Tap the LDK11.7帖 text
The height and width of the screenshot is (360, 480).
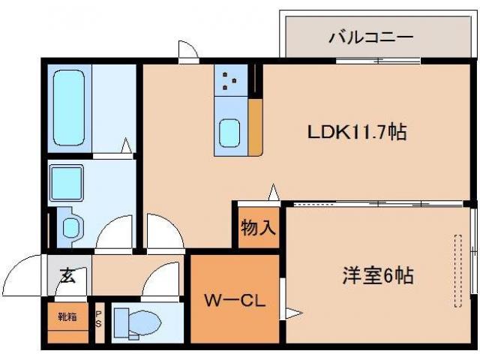(357, 133)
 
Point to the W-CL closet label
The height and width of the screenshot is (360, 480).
(234, 301)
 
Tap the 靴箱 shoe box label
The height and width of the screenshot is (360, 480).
(67, 316)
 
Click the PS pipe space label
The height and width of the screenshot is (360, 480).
(99, 320)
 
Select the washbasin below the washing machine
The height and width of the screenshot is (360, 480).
(70, 227)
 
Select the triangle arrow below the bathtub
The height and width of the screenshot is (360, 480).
(127, 145)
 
